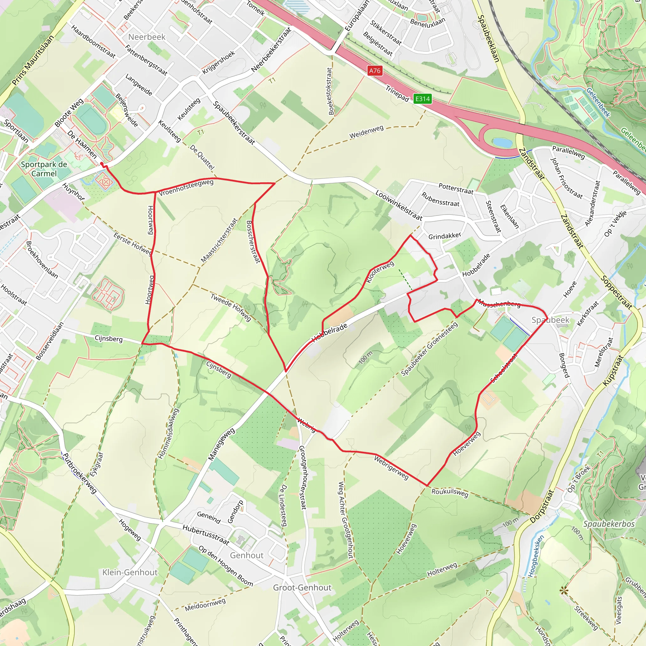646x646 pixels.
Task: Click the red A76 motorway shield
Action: pyautogui.click(x=374, y=71)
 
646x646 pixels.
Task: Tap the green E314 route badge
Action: pyautogui.click(x=422, y=99)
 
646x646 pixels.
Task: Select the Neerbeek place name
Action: pyautogui.click(x=147, y=37)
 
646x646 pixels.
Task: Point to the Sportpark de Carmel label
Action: pyautogui.click(x=44, y=169)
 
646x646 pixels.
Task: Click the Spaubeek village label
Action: pyautogui.click(x=550, y=320)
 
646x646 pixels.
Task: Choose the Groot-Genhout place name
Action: pyautogui.click(x=302, y=587)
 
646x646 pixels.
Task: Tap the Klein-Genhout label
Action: pyautogui.click(x=130, y=572)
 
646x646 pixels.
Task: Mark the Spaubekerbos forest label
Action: pyautogui.click(x=609, y=524)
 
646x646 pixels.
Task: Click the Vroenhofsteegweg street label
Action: pyautogui.click(x=186, y=188)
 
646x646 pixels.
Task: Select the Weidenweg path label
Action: pyautogui.click(x=367, y=132)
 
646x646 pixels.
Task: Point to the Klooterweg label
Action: pyautogui.click(x=380, y=272)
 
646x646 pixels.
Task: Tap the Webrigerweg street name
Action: pyautogui.click(x=391, y=467)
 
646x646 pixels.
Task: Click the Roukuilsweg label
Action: pyautogui.click(x=450, y=493)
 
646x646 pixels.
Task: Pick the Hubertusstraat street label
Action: pyautogui.click(x=206, y=534)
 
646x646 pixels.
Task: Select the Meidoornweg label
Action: pyautogui.click(x=205, y=604)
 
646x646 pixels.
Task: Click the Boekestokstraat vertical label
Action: pyautogui.click(x=330, y=91)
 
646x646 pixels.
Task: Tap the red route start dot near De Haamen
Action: pyautogui.click(x=102, y=163)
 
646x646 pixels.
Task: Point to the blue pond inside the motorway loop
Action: pyautogui.click(x=502, y=143)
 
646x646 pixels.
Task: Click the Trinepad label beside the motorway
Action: pyautogui.click(x=397, y=93)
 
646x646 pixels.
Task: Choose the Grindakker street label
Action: pyautogui.click(x=445, y=236)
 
